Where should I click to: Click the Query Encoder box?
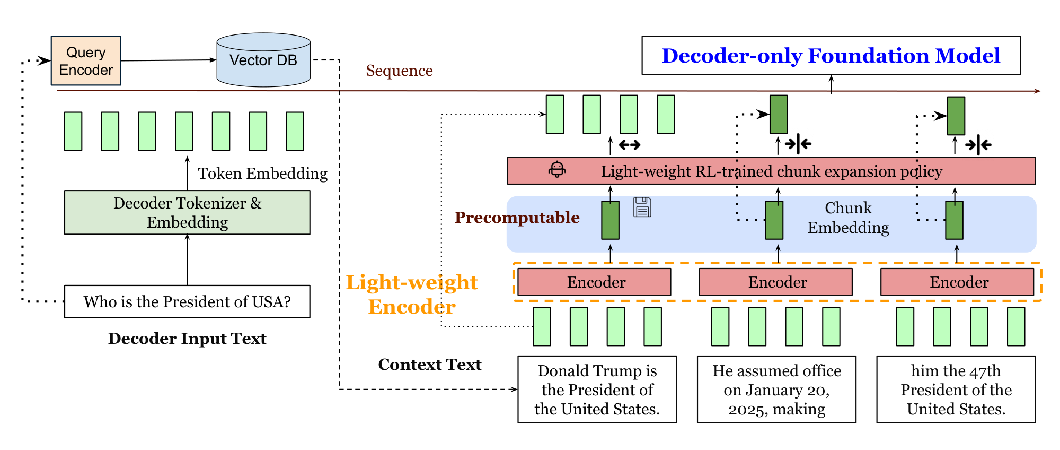click(86, 61)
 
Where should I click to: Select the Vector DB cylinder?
click(263, 60)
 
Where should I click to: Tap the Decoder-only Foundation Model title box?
click(831, 56)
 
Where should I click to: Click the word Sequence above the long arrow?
click(399, 71)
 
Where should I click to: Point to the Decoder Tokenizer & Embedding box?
click(187, 212)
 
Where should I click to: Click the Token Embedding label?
click(262, 174)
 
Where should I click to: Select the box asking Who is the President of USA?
click(187, 301)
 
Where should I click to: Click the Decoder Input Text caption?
click(187, 339)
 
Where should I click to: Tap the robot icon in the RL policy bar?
click(557, 170)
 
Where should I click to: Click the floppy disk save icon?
click(642, 207)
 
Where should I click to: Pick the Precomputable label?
click(517, 217)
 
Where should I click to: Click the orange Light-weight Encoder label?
click(412, 294)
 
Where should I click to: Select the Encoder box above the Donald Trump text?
click(594, 282)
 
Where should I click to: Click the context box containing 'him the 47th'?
click(956, 390)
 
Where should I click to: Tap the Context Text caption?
click(429, 365)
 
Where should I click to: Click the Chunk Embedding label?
click(848, 218)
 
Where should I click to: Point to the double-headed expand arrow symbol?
click(630, 144)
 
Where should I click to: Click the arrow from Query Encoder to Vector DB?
click(169, 60)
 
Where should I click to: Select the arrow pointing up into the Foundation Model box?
click(831, 84)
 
